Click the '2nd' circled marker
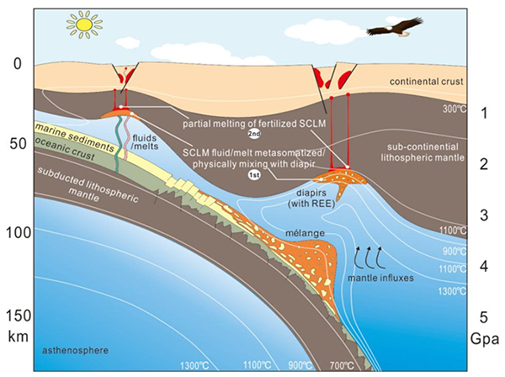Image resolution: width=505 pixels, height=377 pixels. coord(250,134)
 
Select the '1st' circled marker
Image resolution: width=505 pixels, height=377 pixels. coord(250,175)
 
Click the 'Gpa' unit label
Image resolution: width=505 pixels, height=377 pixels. coord(485,340)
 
